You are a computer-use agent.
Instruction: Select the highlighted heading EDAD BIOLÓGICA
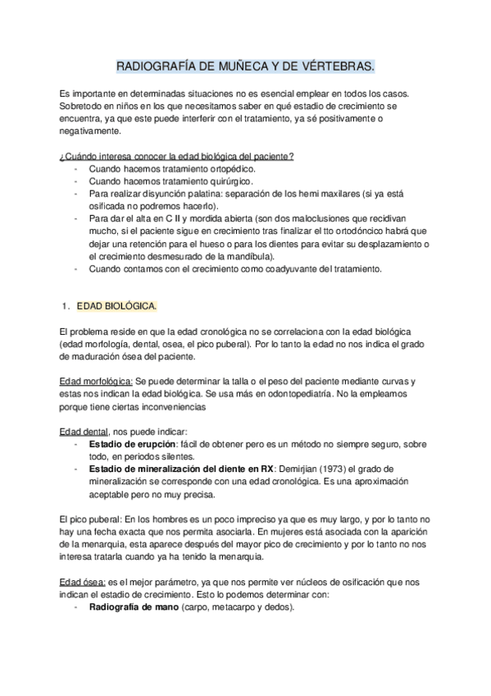coord(116,307)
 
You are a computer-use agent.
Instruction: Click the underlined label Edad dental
coord(84,432)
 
